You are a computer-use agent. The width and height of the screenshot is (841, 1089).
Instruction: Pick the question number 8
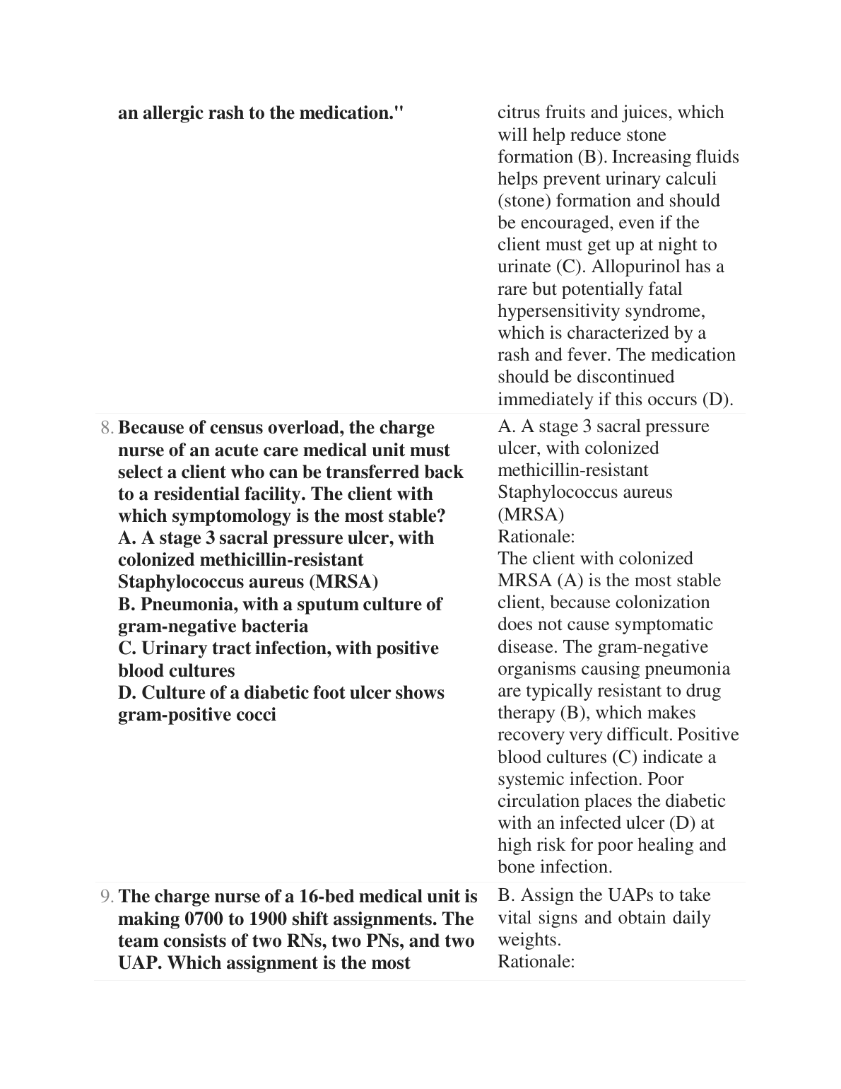(107, 429)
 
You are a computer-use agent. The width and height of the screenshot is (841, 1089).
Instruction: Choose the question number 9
(107, 897)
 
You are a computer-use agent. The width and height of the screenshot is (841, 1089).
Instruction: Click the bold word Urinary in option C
(174, 648)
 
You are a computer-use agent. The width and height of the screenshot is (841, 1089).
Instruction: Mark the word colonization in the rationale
(665, 602)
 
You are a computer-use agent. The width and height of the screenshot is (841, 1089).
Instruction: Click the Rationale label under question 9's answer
(536, 962)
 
